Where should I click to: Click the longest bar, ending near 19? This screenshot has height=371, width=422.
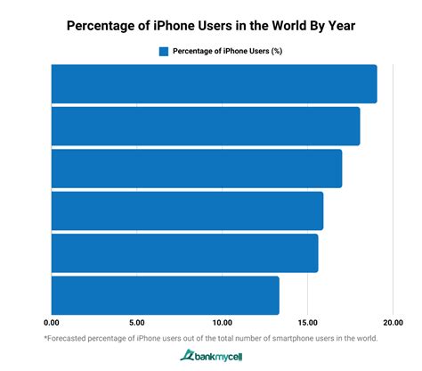click(x=214, y=84)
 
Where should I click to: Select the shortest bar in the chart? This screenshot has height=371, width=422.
click(x=165, y=295)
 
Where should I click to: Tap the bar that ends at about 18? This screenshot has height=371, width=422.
click(x=205, y=126)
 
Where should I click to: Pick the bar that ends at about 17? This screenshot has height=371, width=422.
click(x=196, y=169)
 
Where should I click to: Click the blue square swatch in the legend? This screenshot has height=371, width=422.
click(x=164, y=51)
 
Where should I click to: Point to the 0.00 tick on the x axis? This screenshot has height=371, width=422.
click(x=51, y=323)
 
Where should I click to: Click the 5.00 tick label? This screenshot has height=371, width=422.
click(x=136, y=323)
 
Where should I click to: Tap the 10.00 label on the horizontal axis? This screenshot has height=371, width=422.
click(x=222, y=323)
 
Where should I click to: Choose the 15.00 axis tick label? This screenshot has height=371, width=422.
click(x=307, y=323)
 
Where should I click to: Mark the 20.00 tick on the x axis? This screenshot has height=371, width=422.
click(x=393, y=323)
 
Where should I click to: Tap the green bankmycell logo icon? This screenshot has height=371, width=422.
click(x=188, y=356)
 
